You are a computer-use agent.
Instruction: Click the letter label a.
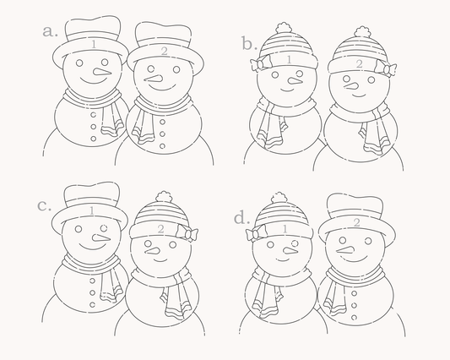coord(50,31)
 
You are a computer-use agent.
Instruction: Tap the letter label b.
coord(249,44)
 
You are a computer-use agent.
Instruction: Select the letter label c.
coord(44,206)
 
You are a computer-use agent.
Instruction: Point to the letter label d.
coord(241,218)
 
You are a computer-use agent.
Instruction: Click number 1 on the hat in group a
coord(94,44)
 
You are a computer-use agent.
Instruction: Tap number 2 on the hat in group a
coord(164,52)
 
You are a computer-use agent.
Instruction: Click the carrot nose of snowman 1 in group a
coord(101,72)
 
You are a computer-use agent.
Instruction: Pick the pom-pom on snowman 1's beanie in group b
coord(284,28)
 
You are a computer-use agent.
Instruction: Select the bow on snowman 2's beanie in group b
coord(386,68)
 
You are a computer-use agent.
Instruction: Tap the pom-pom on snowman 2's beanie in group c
coord(165,197)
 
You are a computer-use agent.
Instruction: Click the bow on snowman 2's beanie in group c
coord(187,232)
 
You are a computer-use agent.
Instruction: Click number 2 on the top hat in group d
coord(356,222)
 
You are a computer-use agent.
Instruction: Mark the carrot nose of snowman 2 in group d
coord(345,250)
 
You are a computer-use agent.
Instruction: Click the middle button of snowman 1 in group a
coord(93,127)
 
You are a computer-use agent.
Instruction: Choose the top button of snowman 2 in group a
coord(162,122)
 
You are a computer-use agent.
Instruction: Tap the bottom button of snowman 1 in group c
coord(92,304)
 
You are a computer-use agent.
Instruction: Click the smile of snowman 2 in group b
coord(359,95)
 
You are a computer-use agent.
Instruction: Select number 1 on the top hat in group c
coord(91,211)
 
